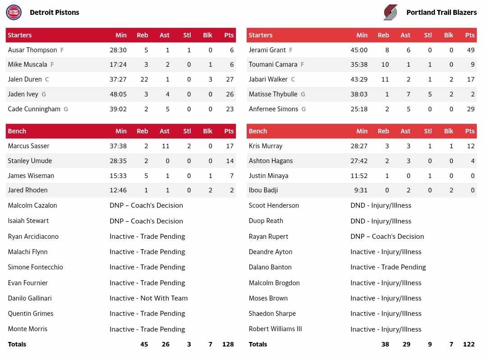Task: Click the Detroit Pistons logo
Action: (x=14, y=12)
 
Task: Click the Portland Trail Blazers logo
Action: (x=391, y=12)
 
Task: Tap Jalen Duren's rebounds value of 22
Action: (x=144, y=79)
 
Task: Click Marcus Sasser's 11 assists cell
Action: (x=165, y=146)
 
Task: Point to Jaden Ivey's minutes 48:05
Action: (x=118, y=94)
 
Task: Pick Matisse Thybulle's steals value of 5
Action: (x=430, y=94)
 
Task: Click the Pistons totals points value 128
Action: (x=228, y=344)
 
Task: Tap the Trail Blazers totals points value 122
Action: (x=469, y=344)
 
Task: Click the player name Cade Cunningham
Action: (x=34, y=109)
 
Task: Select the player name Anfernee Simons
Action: (x=273, y=109)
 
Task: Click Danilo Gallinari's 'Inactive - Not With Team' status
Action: (x=148, y=298)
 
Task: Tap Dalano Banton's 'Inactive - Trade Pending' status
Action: (x=388, y=267)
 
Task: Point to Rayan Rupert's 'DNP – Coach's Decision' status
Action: (x=387, y=237)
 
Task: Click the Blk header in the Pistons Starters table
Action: (x=207, y=35)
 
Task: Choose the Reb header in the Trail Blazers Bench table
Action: (x=383, y=131)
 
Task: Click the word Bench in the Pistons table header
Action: (x=17, y=131)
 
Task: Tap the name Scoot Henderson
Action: (x=274, y=205)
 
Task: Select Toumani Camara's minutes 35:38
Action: (x=359, y=64)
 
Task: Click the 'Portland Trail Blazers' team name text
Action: (x=441, y=13)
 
